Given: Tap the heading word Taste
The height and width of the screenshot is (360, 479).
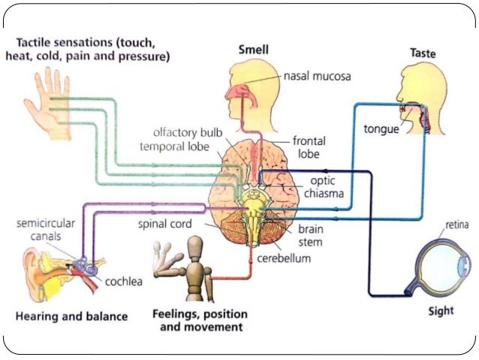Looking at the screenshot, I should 423,53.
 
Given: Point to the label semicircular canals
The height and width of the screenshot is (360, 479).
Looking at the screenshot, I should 44,231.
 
